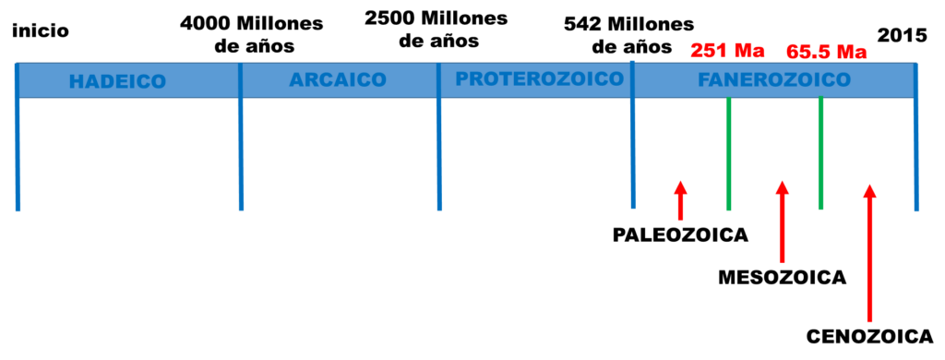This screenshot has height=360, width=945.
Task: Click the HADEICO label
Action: click(117, 81)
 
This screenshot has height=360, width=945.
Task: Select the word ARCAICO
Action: click(338, 80)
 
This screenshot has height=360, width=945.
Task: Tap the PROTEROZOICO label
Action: click(539, 79)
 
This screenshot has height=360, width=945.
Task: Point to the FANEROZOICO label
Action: click(773, 80)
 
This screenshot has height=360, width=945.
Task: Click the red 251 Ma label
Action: click(727, 50)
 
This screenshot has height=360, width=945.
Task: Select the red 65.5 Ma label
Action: click(826, 52)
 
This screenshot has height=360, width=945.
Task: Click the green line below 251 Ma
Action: click(729, 157)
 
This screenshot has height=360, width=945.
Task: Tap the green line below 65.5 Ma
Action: click(820, 157)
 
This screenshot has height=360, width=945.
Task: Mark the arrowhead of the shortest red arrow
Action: click(680, 186)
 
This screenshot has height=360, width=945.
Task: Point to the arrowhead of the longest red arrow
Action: click(869, 190)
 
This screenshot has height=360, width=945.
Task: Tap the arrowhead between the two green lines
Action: click(782, 187)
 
